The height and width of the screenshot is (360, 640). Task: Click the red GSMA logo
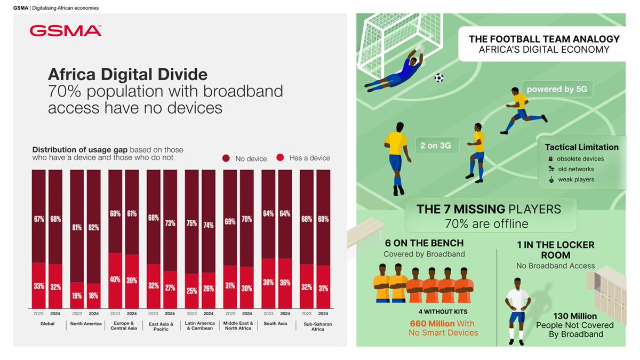pos(66,31)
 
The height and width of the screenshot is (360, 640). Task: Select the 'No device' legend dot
pos(226,158)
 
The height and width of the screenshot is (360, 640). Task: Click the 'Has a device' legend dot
pos(280,158)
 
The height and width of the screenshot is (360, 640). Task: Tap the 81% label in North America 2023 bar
pos(77,227)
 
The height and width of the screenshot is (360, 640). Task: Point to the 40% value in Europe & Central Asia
pos(115,279)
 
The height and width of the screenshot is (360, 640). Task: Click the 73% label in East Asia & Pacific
pos(170,223)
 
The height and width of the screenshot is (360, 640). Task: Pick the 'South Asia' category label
pos(275,324)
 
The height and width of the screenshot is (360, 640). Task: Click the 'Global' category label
pos(47,324)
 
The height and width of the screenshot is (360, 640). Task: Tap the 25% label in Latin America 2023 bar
pos(191,291)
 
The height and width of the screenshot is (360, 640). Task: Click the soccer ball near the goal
pos(438,77)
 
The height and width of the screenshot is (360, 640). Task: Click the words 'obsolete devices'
pos(580,159)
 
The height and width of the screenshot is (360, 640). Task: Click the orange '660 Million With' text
pos(442,323)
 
